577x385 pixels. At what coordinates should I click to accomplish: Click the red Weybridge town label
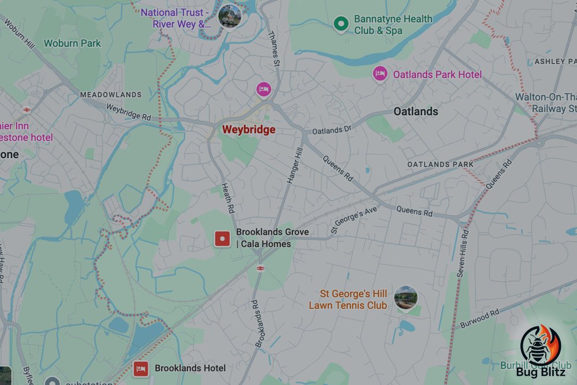point(249,130)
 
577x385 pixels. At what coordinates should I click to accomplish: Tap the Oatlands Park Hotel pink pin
point(379,74)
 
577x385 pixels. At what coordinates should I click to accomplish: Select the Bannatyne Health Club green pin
point(342,24)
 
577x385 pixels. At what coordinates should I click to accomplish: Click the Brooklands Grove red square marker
point(222,238)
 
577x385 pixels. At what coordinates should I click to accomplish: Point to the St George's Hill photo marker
point(406,297)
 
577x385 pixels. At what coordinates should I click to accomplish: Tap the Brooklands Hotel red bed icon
point(140,368)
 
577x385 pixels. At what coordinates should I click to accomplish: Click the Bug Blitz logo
point(542,353)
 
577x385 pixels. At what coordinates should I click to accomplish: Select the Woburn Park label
point(72,43)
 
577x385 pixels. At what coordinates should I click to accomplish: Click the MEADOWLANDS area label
point(110,95)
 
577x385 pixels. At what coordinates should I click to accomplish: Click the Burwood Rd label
point(480,319)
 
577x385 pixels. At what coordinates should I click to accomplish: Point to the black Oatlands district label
point(415,111)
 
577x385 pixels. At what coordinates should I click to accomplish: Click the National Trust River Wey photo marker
point(230,15)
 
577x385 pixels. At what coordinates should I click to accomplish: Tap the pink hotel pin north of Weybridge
point(263,89)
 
